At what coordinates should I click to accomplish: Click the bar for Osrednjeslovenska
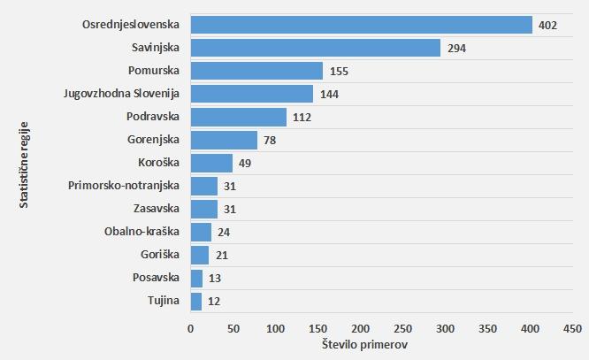[x=361, y=25]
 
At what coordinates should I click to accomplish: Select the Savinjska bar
[x=315, y=48]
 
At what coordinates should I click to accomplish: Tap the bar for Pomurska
[x=256, y=71]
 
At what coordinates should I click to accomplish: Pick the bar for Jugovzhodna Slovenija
[x=252, y=94]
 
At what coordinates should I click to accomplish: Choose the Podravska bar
[x=238, y=117]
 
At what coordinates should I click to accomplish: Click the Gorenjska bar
[x=224, y=140]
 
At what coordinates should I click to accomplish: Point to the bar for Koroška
[x=211, y=163]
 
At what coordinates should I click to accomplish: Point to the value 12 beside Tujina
[x=213, y=301]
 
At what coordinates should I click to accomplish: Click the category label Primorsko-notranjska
[x=124, y=186]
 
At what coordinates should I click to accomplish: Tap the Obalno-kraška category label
[x=142, y=232]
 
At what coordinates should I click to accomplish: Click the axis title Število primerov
[x=365, y=344]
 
